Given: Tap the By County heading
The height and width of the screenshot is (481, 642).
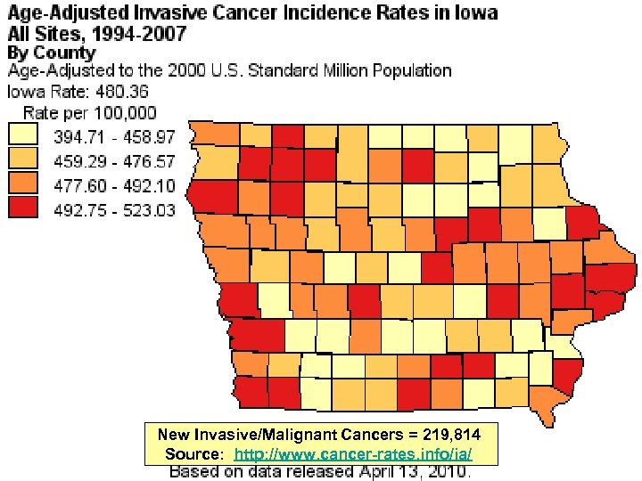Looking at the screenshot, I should (51, 53).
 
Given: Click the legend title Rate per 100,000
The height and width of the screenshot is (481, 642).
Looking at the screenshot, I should (89, 113).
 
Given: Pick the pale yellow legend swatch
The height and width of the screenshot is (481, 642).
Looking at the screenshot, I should (24, 136).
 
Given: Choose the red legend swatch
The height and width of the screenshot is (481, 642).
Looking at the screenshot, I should (24, 210).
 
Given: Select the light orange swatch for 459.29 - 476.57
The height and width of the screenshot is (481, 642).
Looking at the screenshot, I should (24, 161).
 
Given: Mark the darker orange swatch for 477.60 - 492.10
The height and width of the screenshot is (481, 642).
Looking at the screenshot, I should (24, 185).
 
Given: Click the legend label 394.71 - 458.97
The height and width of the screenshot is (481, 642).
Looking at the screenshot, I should (114, 138).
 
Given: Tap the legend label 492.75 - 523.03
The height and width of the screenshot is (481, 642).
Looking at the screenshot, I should (114, 211).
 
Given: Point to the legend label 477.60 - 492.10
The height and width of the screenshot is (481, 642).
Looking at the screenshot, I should (114, 187).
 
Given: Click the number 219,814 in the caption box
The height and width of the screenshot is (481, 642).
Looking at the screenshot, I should (451, 436).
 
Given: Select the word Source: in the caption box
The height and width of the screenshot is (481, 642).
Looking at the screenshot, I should (193, 454).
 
